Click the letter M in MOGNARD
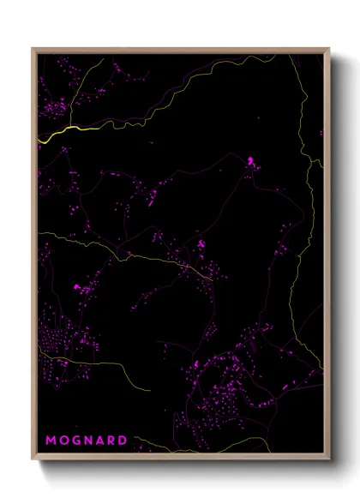51,441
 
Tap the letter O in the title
63,441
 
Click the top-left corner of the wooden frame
33,49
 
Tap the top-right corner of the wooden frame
329,49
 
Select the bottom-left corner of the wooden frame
33,459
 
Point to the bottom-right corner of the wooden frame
329,459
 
